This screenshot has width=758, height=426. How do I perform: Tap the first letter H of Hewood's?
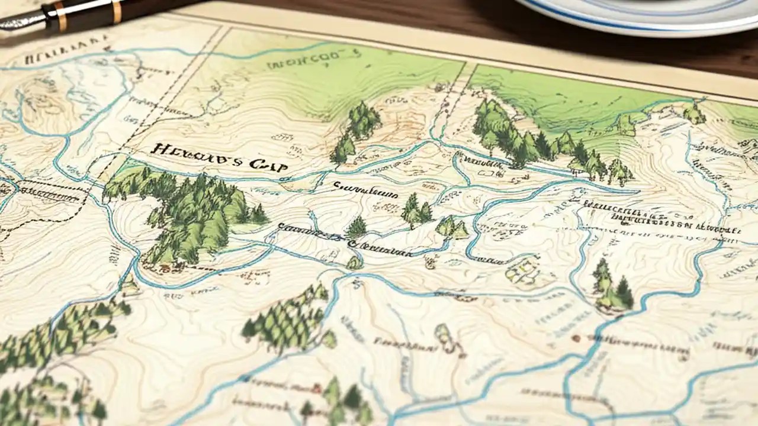click(x=158, y=150)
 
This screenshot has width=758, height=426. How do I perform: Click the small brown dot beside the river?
click(x=575, y=338)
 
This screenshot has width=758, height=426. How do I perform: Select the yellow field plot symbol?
click(x=522, y=271)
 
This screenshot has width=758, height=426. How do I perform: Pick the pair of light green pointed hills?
click(x=452, y=227)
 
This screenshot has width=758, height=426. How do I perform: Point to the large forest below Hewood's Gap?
click(x=189, y=213)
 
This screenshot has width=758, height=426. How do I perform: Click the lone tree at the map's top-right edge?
click(x=694, y=113)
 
